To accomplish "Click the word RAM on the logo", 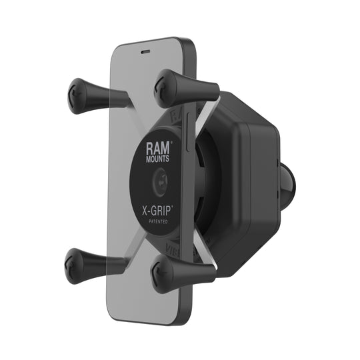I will click(159, 146).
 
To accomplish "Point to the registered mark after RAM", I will click(173, 142).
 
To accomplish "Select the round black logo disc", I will click(162, 180).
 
